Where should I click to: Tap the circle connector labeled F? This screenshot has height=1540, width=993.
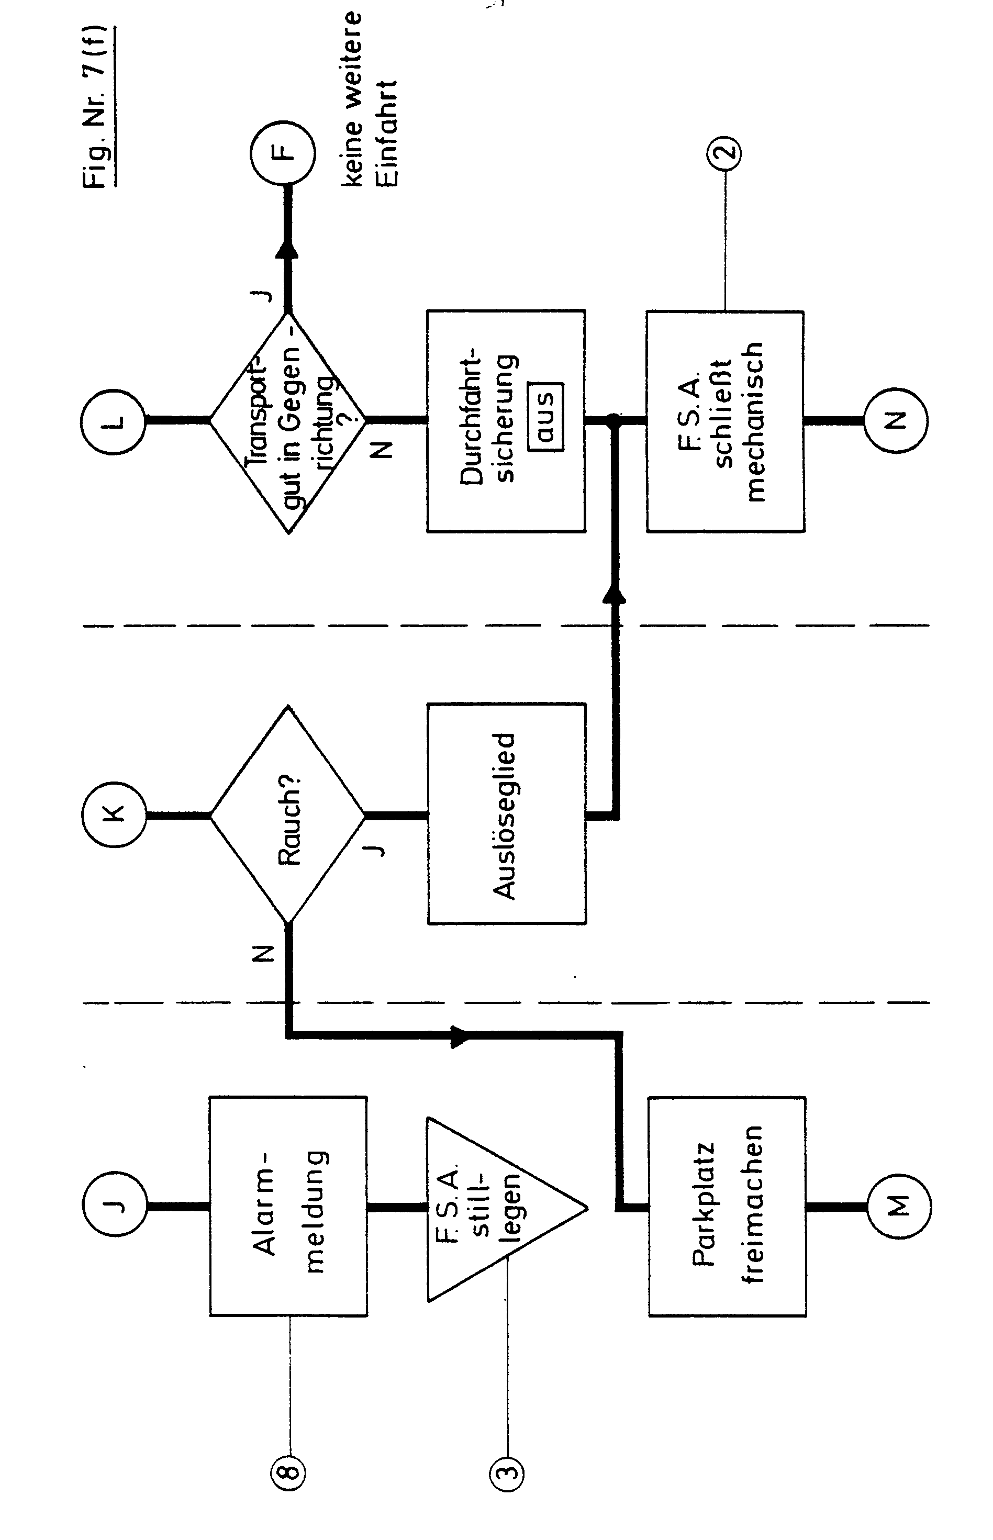click(282, 153)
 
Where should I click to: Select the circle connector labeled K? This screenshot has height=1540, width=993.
click(114, 815)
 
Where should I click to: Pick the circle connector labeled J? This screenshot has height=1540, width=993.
click(115, 1206)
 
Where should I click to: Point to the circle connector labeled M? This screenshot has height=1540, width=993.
click(898, 1206)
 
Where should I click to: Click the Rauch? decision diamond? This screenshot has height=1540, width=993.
click(287, 815)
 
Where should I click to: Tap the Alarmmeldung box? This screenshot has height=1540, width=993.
click(288, 1206)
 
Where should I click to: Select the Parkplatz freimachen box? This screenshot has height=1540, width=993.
click(727, 1206)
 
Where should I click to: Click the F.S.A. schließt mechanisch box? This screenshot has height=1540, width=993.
click(726, 421)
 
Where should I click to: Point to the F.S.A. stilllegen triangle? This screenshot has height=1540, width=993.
click(490, 1207)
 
